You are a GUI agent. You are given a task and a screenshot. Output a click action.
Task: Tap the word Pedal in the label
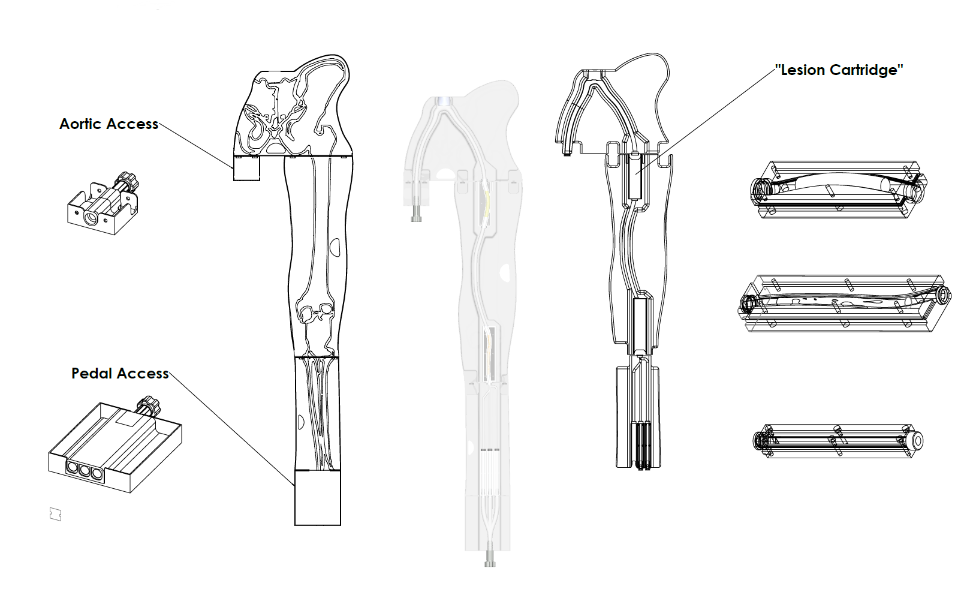coord(92,373)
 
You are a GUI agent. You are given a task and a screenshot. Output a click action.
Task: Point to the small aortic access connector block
coord(103,204)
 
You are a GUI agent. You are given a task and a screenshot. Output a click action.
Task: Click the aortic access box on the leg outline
coord(247,168)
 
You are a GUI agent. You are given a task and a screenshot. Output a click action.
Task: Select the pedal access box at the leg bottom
coord(318,497)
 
